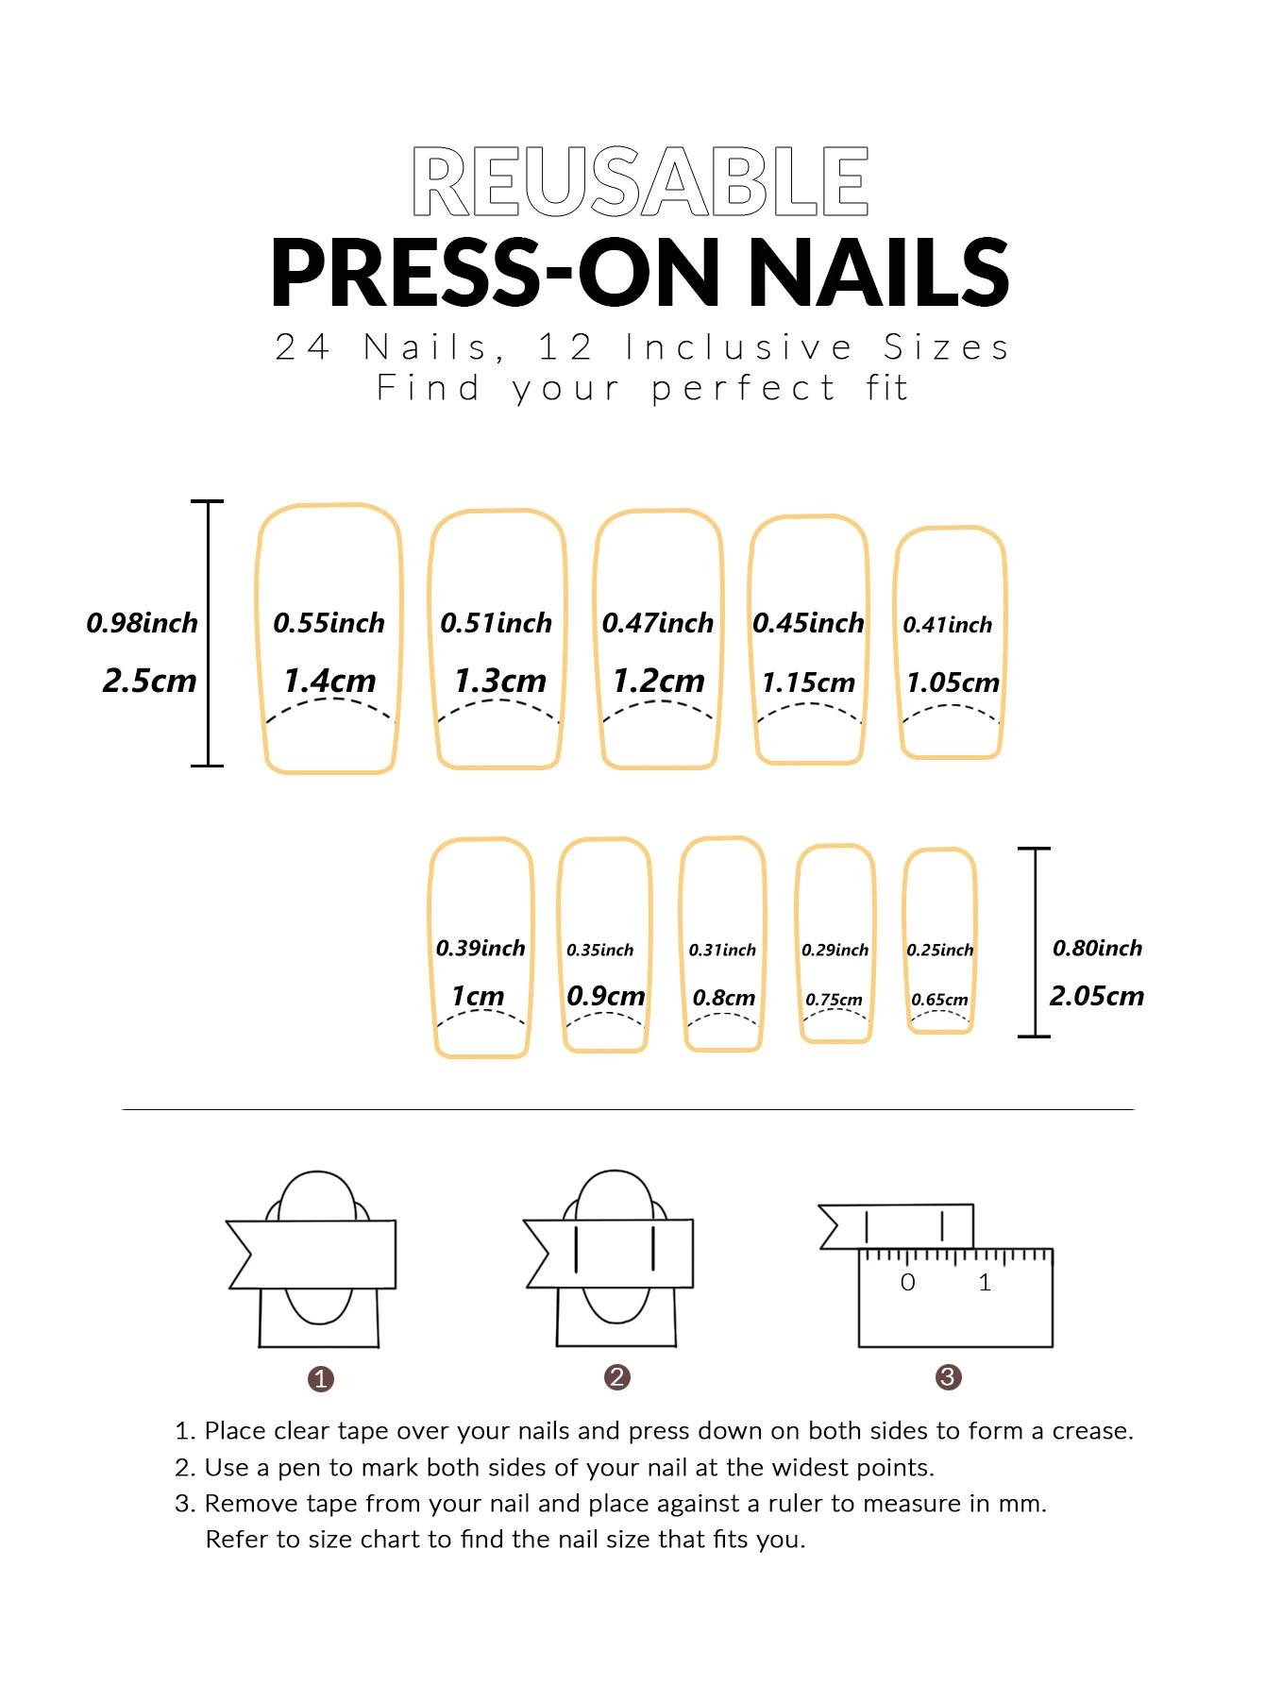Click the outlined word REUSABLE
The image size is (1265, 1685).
[x=640, y=181]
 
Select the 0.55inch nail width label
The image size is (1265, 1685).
[x=329, y=623]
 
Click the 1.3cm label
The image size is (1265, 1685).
[x=499, y=681]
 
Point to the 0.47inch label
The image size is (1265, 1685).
[x=657, y=623]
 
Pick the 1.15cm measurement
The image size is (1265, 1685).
[x=808, y=682]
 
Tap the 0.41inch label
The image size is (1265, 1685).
[x=947, y=625]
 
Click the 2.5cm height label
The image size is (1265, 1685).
[x=149, y=681]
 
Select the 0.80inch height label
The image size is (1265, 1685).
[x=1097, y=948]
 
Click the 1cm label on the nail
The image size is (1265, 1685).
[x=478, y=996]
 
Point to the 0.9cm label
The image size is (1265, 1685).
[x=605, y=996]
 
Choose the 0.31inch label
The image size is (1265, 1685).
[x=722, y=950]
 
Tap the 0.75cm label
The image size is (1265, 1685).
[x=834, y=1000]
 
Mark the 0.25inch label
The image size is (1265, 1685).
[x=939, y=950]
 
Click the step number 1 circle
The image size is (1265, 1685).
[x=321, y=1379]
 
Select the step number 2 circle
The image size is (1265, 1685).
[x=616, y=1377]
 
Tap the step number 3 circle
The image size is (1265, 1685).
[x=948, y=1377]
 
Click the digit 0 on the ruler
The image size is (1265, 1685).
[x=907, y=1283]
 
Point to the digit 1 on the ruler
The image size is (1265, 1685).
[x=985, y=1283]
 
